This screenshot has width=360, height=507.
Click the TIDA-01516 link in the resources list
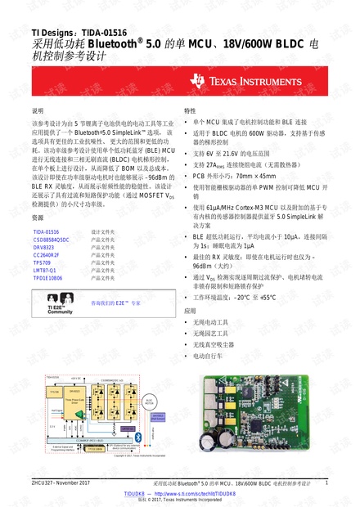pyautogui.click(x=46, y=231)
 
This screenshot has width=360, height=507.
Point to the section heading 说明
pyautogui.click(x=37, y=110)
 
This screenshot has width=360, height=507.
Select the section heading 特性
pyautogui.click(x=190, y=110)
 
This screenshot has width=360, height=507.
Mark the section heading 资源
pyautogui.click(x=37, y=218)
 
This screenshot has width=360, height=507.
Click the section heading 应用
pyautogui.click(x=190, y=311)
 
